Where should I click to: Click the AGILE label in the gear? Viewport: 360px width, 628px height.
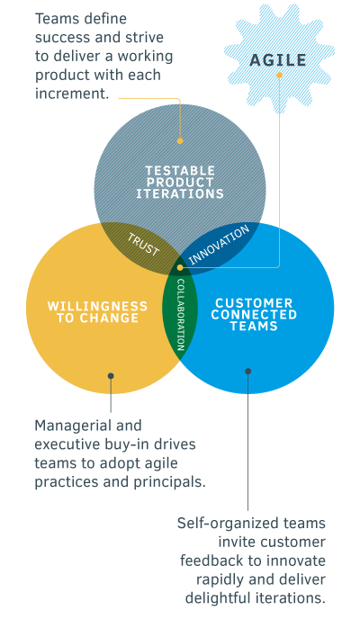pos(278,60)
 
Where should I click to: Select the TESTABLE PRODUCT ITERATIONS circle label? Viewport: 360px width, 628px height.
pos(180,183)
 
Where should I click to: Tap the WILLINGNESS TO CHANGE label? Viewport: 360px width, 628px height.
pos(98,312)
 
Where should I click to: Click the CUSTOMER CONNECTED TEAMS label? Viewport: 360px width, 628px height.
pos(254,314)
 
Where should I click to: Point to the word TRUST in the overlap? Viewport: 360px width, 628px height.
pos(144,245)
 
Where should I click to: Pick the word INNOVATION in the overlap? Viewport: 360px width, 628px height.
pos(219,245)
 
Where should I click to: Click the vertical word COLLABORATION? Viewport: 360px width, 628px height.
pos(181,315)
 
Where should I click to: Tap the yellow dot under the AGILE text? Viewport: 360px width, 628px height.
pos(279,76)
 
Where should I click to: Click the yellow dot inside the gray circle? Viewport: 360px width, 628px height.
pos(180,141)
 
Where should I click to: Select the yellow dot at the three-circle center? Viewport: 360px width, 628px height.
pos(180,267)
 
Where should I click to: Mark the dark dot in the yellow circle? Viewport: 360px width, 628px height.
pos(111,376)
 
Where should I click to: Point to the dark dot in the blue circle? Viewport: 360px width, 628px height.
pos(247,372)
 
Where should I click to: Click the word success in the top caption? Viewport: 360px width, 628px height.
pos(60,38)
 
